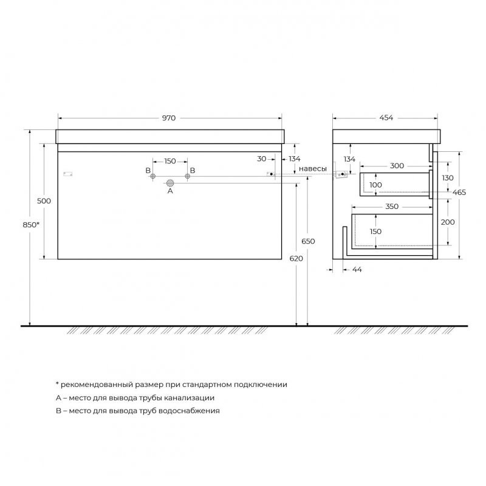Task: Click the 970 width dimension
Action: (169, 118)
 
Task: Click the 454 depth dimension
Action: (386, 118)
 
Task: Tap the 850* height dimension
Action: (31, 225)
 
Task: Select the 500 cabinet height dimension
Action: (44, 201)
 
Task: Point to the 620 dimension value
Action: (296, 259)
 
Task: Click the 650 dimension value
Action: (308, 241)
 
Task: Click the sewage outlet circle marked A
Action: (170, 183)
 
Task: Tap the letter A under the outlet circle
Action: (170, 191)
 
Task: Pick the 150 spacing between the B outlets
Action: (170, 161)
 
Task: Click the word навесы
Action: (313, 169)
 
